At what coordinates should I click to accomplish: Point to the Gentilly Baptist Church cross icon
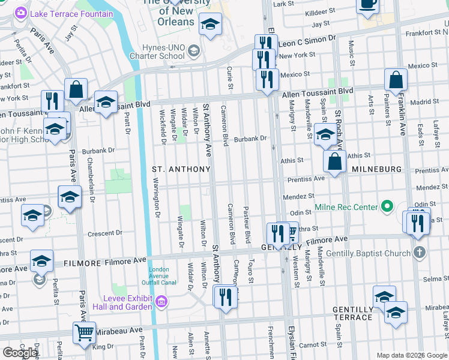420,252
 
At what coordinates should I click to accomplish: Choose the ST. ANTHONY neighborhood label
181,169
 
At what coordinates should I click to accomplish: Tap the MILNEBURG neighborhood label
376,169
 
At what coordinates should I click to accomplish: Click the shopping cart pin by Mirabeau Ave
85,333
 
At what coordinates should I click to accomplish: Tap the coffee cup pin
367,5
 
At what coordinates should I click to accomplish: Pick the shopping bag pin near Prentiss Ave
334,161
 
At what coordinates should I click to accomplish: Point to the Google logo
20,352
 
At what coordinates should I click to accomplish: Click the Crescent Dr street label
105,233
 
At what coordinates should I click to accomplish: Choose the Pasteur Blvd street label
247,225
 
